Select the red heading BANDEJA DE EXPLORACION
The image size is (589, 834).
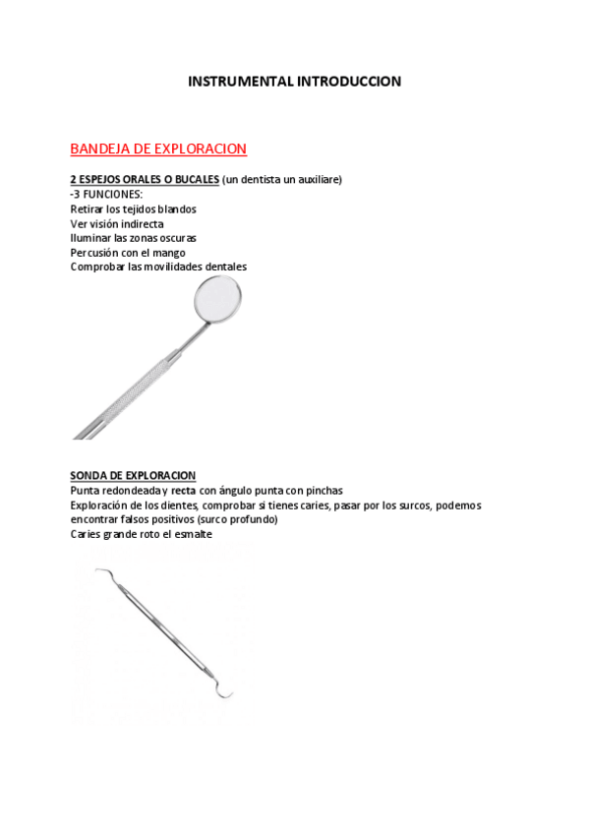158,149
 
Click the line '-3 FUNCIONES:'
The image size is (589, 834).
106,195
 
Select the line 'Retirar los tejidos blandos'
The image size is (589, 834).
133,208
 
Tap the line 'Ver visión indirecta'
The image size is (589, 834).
116,223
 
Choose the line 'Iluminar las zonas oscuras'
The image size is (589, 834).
133,237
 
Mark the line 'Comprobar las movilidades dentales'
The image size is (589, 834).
158,267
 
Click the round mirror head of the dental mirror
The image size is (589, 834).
218,299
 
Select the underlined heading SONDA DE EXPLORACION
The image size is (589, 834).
133,475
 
